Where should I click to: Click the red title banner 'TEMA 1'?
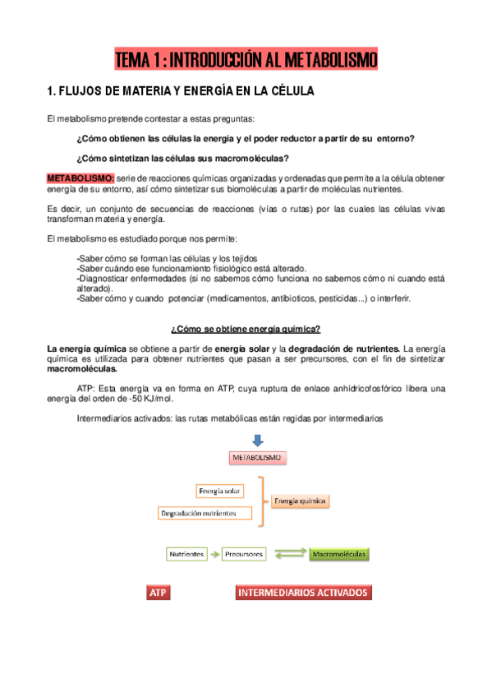point(246,60)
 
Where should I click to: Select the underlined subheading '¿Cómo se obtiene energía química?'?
point(246,330)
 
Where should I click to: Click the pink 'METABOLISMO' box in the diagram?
point(256,458)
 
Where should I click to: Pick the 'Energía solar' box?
point(220,491)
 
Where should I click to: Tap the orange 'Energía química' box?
point(300,500)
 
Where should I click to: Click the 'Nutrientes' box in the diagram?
point(186,555)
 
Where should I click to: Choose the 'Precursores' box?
point(244,555)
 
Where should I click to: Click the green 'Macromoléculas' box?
point(339,555)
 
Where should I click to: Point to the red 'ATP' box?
point(159,593)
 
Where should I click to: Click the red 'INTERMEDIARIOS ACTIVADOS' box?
point(303,592)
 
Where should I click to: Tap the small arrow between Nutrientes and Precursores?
point(214,555)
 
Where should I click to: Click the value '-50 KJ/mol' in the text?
point(132,398)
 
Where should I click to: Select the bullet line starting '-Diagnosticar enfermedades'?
point(260,279)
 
